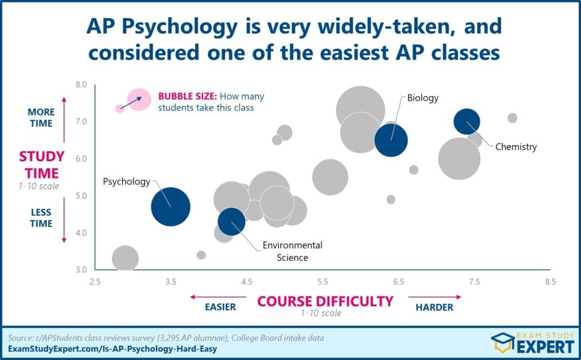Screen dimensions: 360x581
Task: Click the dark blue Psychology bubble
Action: tap(171, 206)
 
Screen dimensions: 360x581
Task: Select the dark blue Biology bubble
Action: tap(391, 141)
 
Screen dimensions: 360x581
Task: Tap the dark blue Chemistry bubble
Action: tap(467, 122)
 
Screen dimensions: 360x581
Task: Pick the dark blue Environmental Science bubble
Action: tap(231, 221)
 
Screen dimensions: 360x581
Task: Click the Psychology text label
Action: tap(127, 181)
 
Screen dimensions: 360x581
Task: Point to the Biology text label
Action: tap(423, 98)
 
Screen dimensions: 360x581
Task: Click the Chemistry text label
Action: tap(516, 146)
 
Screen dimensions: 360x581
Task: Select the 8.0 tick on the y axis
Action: tap(80, 85)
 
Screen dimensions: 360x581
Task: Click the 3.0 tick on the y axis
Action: tap(80, 270)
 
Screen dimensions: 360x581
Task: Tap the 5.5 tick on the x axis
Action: tap(323, 282)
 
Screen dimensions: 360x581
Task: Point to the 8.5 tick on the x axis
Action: tap(551, 282)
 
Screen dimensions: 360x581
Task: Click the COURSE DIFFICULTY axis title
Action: tap(325, 301)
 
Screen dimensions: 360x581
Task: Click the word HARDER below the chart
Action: tap(434, 307)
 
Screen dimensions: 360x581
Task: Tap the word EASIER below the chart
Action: tap(221, 307)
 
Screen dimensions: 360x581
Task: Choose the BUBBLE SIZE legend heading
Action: tap(187, 96)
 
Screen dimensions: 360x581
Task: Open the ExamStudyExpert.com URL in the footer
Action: tap(112, 349)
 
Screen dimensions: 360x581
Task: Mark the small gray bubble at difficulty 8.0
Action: tap(512, 118)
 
